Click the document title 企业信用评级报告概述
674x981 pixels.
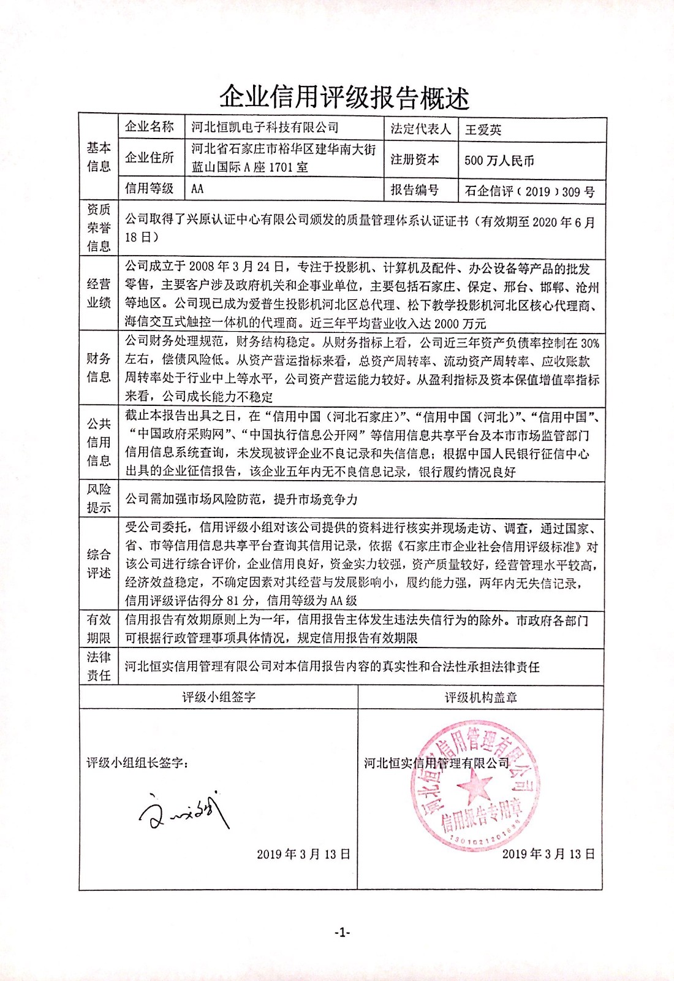pos(344,97)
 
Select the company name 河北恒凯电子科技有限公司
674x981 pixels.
pos(265,128)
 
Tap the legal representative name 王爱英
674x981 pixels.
pos(483,129)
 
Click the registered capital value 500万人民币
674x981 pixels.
pos(499,161)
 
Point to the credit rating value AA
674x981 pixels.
pos(197,189)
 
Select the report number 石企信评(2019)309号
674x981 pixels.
pos(529,191)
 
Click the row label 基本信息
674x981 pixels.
pos(99,157)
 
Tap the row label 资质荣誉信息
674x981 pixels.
pos(99,227)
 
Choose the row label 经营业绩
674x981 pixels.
pos(99,293)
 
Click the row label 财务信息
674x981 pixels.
pos(99,367)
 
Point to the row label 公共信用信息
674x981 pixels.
pos(99,441)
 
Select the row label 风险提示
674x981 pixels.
pos(99,498)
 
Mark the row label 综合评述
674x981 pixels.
pos(99,563)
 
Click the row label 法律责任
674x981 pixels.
pos(99,666)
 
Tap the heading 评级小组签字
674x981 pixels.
pos(219,697)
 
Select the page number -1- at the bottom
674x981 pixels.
pos(342,933)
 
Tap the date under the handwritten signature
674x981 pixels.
pos(303,854)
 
